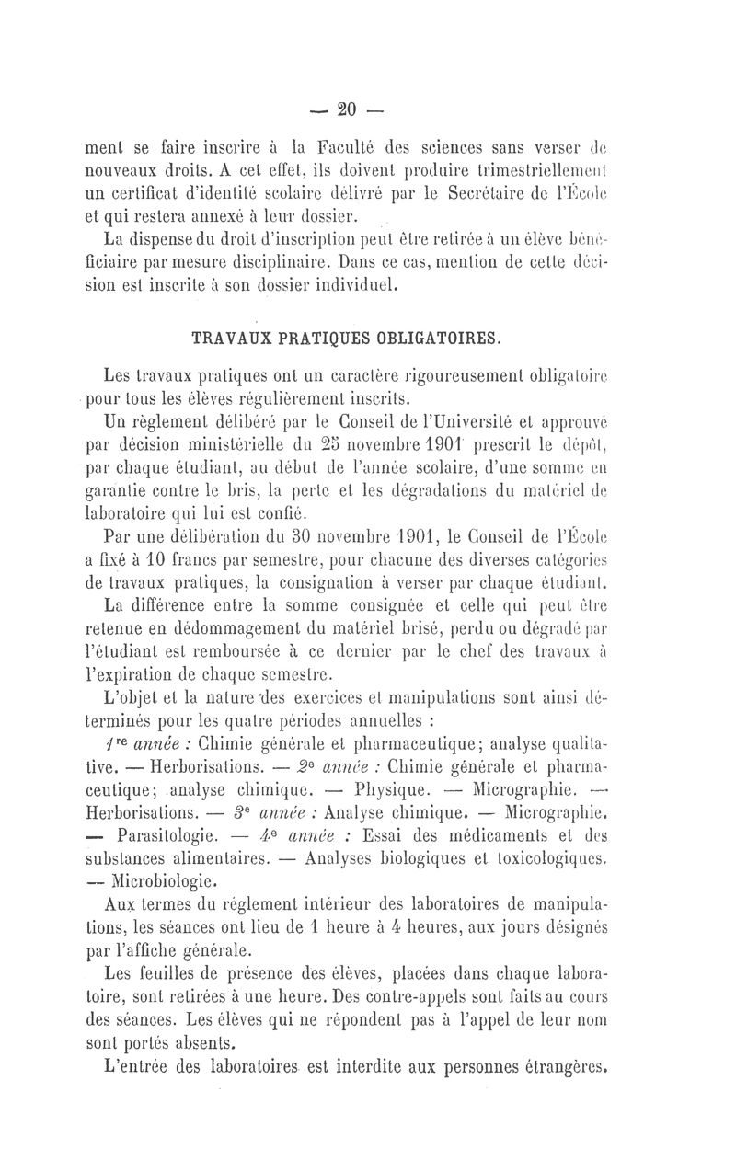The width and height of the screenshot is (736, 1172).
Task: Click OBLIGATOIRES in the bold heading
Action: (x=431, y=338)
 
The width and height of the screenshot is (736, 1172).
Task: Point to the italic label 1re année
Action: (x=134, y=717)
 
